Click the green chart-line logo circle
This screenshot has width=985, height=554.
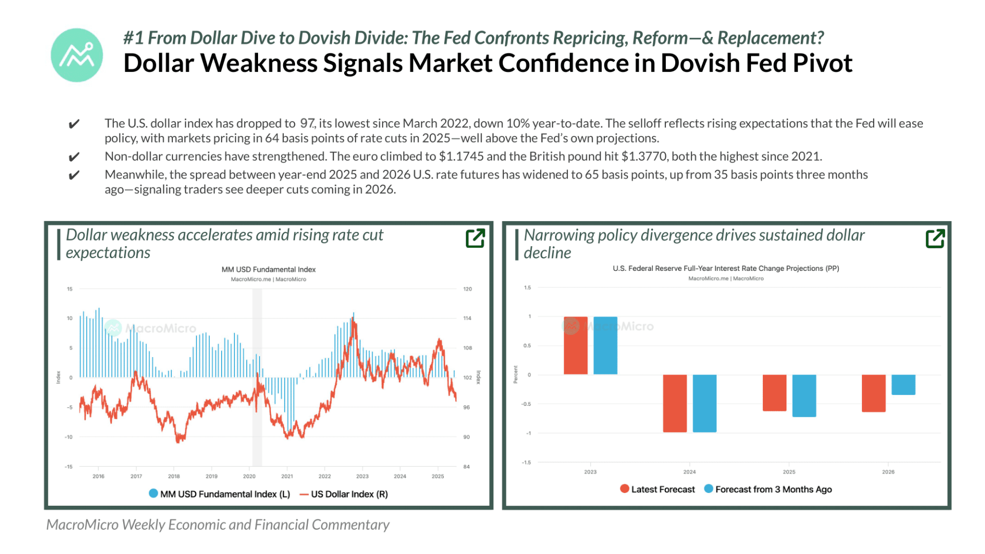pos(77,55)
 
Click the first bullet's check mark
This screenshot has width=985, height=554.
pos(74,124)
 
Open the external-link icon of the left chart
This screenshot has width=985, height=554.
pos(475,238)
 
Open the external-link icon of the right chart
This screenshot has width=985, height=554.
pos(935,239)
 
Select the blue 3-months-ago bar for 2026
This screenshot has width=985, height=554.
pos(903,385)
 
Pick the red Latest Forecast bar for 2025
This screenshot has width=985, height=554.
pos(774,392)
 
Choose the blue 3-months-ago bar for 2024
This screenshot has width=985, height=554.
pos(704,403)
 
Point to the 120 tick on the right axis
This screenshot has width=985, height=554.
pos(467,289)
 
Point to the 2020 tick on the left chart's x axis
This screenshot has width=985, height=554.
pos(249,477)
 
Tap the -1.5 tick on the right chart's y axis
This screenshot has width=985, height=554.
pos(526,463)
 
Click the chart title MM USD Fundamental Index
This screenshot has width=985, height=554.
pos(268,270)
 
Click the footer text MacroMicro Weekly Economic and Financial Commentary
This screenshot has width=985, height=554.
pos(218,525)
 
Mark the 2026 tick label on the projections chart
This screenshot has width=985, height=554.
pos(888,472)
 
